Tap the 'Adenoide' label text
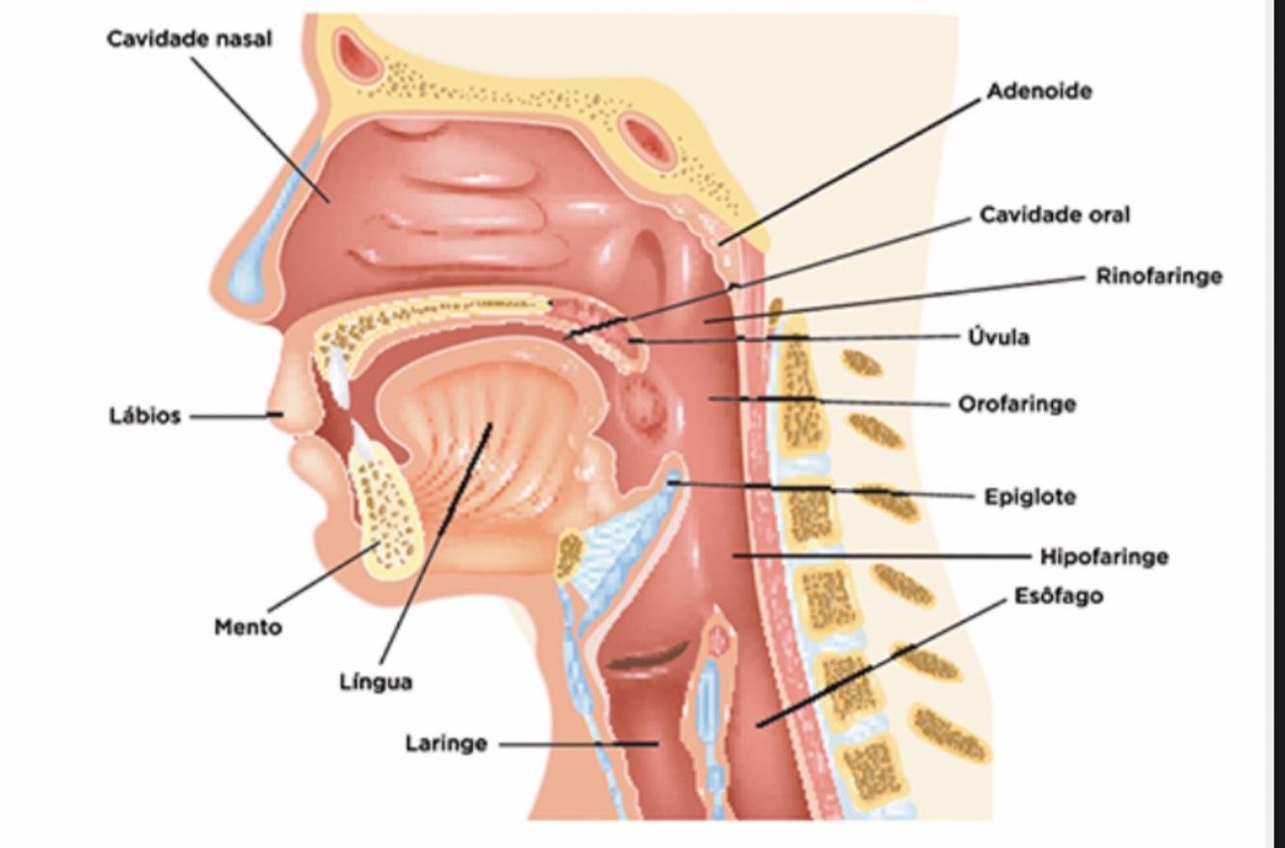[x=1039, y=91]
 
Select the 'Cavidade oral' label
[x=1055, y=215]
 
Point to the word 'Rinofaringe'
[x=1159, y=276]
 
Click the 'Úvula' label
[x=999, y=337]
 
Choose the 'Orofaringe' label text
[x=1016, y=403]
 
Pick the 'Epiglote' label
[x=1030, y=498]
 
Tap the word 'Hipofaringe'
[x=1104, y=556]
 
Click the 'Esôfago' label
[x=1059, y=596]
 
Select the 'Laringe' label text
[x=446, y=744]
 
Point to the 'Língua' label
[x=376, y=682]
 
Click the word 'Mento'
[x=248, y=628]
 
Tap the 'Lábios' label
[x=144, y=417]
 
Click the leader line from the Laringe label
[x=578, y=744]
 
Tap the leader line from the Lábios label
[x=231, y=417]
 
